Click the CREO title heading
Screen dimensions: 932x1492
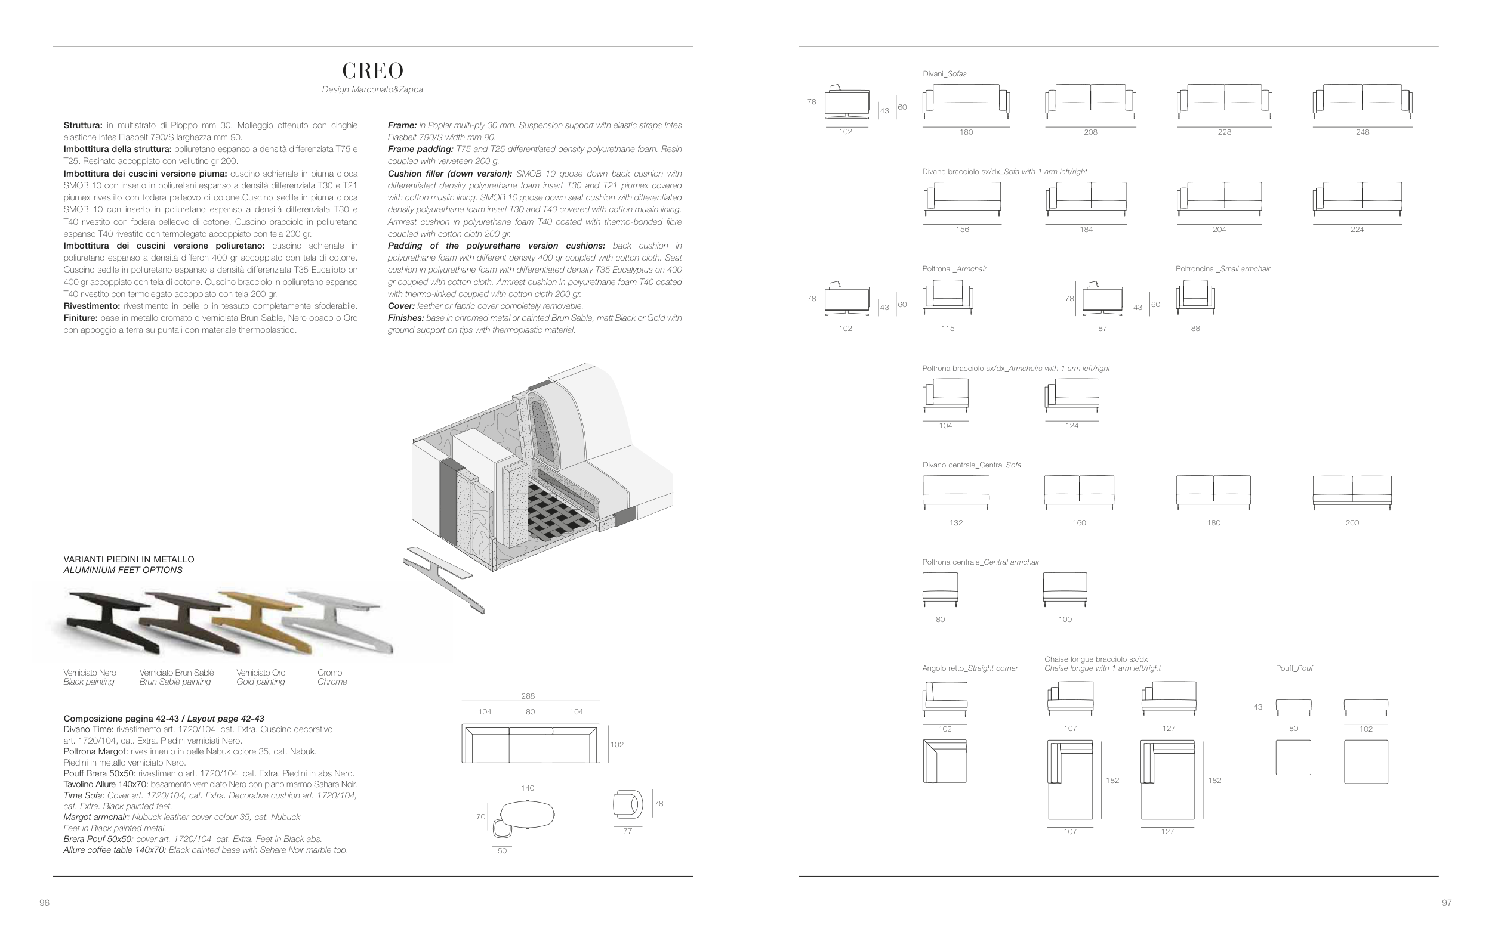(372, 71)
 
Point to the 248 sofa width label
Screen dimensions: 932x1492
(1362, 132)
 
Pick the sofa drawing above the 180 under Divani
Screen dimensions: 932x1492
(966, 100)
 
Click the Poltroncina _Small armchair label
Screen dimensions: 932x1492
(1222, 269)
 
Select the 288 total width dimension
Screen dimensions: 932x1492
(528, 696)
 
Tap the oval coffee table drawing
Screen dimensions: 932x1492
(528, 815)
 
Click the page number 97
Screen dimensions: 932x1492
(1447, 903)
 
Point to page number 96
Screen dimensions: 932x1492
(44, 903)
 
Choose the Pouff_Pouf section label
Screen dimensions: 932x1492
(1294, 668)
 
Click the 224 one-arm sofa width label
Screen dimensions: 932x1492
(1357, 230)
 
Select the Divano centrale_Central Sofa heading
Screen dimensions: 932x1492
(972, 465)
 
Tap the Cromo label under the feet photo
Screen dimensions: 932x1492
(330, 673)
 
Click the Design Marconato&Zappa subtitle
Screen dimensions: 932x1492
(372, 90)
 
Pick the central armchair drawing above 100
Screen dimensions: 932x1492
(1065, 589)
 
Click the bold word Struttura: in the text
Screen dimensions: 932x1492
(82, 126)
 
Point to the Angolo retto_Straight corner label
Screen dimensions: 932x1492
(970, 669)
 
